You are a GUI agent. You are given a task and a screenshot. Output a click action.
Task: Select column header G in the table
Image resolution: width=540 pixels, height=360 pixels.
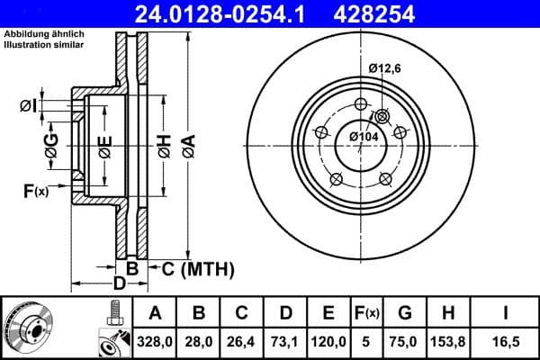pos(404,314)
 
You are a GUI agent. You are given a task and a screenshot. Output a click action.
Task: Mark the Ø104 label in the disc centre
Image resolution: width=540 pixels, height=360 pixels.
pos(363,135)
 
